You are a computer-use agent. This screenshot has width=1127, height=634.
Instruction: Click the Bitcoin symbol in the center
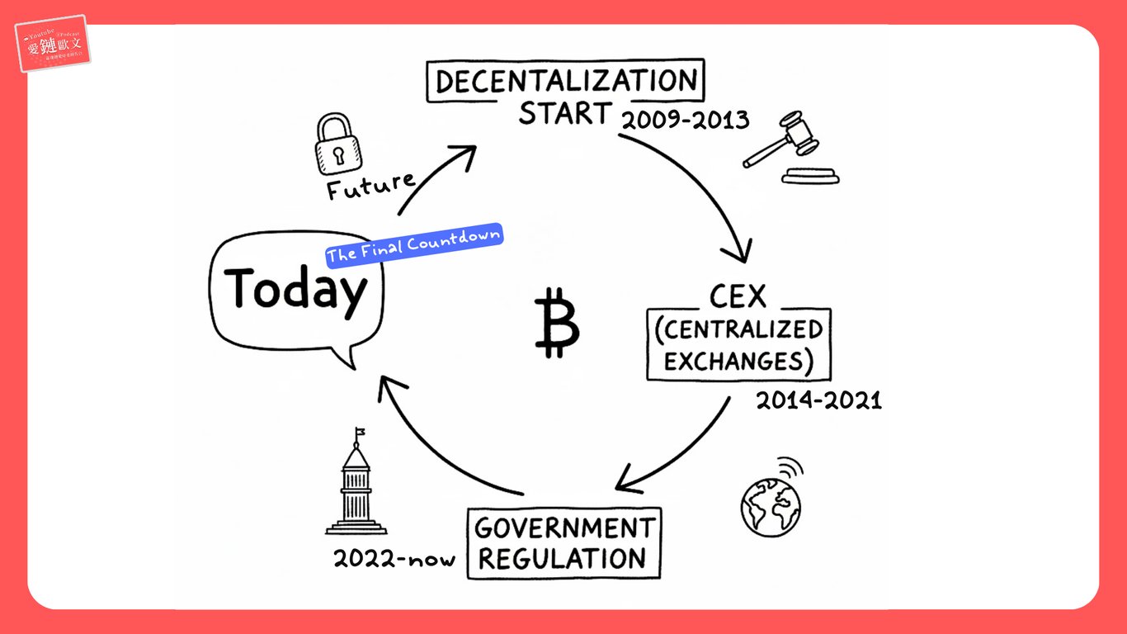(557, 323)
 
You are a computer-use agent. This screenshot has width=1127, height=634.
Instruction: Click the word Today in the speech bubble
(295, 290)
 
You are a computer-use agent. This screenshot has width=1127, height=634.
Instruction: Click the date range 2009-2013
(685, 121)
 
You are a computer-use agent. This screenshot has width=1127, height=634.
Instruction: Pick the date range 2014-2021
(818, 401)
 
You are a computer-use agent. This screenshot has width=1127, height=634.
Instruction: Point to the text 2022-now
(394, 559)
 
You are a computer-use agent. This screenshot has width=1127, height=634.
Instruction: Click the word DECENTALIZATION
(566, 82)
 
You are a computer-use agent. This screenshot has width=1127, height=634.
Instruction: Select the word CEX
(738, 296)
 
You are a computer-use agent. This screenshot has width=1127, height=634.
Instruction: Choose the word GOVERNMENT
(564, 527)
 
